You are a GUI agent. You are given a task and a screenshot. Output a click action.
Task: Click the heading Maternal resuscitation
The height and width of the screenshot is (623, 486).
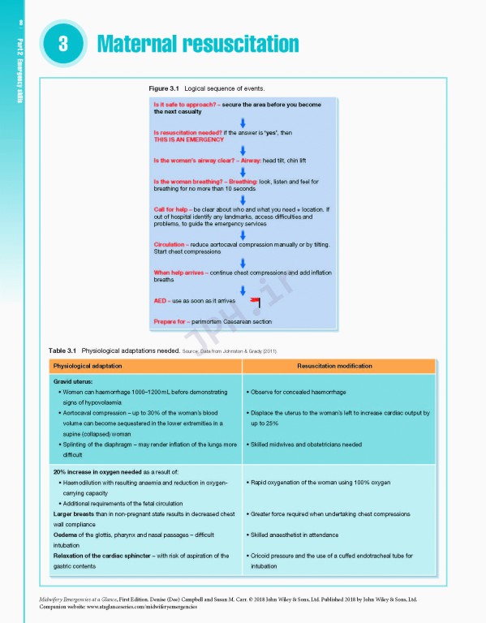[198, 44]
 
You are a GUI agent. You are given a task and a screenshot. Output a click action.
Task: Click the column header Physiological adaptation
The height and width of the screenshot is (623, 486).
[91, 366]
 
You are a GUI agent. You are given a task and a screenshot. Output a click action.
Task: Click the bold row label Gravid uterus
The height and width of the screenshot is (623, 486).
[76, 380]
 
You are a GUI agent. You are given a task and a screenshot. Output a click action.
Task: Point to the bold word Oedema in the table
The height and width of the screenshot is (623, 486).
[67, 535]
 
